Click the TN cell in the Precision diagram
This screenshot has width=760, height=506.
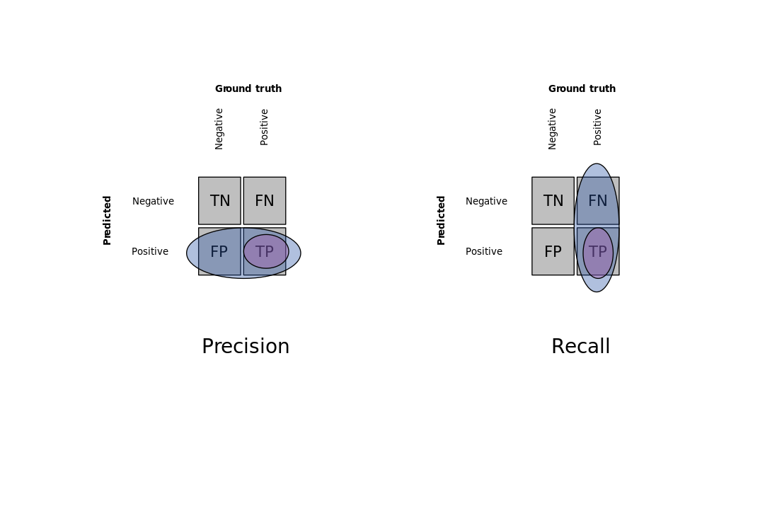pos(219,201)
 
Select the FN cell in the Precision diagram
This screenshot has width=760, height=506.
pos(265,201)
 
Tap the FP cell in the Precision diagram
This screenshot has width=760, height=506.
pos(219,251)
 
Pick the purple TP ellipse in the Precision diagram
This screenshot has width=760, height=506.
pos(266,251)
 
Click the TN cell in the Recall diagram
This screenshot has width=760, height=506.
pos(553,201)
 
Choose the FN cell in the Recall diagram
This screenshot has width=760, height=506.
pos(598,201)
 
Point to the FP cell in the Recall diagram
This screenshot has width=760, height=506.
pos(553,251)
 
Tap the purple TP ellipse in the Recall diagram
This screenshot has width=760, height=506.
pos(598,253)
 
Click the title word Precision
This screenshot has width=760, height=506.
pos(246,347)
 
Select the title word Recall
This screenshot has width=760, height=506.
pos(581,347)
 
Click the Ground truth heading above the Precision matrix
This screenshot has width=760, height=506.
pos(248,88)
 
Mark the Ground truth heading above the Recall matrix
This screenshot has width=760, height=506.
pos(582,88)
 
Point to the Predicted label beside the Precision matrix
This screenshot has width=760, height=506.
pos(107,221)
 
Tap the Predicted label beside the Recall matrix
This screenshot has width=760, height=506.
pos(441,221)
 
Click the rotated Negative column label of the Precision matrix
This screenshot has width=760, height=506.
pos(219,129)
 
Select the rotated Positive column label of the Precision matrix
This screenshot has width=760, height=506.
pos(264,127)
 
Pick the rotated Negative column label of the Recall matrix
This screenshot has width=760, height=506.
pos(552,129)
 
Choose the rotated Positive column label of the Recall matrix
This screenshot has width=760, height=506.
pos(598,127)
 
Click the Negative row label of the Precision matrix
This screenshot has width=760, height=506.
pos(153,201)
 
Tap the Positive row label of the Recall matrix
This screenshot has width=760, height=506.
pos(484,251)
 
